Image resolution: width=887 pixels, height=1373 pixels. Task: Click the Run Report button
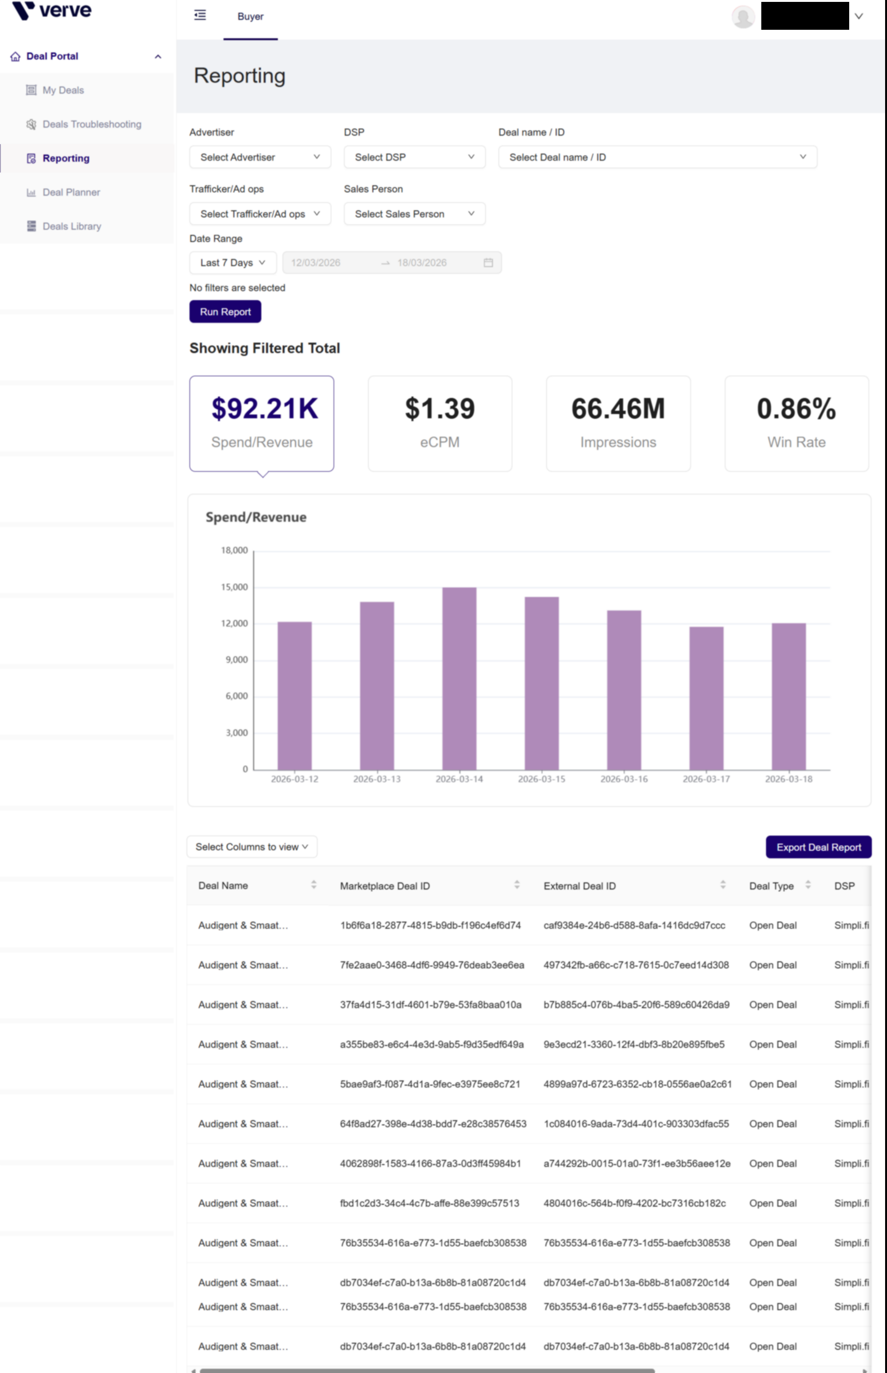coord(225,311)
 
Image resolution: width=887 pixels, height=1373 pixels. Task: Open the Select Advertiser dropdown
coord(260,157)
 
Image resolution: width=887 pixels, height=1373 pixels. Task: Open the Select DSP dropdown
coord(414,157)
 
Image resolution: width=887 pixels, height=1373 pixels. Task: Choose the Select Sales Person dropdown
coord(414,214)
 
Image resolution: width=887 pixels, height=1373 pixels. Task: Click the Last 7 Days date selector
coord(233,263)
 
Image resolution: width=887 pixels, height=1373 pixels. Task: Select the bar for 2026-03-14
coord(459,678)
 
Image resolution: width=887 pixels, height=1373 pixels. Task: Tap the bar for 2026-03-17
coord(706,698)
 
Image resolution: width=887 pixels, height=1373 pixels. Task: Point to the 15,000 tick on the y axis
coord(234,587)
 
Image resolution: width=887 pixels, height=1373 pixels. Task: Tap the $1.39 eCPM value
coord(439,409)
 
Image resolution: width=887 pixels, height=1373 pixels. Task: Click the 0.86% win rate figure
coord(796,409)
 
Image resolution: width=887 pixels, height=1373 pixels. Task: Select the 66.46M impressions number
coord(618,409)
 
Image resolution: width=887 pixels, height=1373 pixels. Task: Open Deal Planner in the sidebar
coord(71,192)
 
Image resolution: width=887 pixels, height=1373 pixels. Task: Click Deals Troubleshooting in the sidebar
coord(92,124)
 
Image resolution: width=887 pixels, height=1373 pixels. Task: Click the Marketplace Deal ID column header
coord(385,886)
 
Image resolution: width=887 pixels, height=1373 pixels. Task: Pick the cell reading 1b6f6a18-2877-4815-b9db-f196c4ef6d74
coord(430,925)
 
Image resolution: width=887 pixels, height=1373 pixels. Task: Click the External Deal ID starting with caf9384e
coord(634,925)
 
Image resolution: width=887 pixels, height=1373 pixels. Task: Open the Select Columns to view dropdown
coord(252,846)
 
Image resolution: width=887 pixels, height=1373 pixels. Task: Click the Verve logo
coord(52,10)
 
